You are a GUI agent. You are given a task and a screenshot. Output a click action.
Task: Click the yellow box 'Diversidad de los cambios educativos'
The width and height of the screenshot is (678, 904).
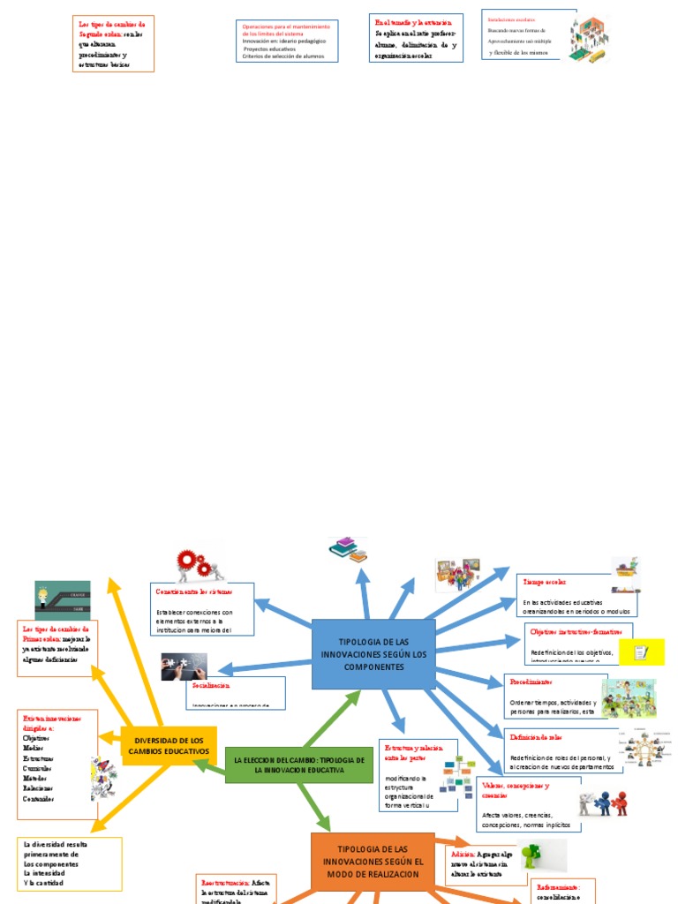point(169,745)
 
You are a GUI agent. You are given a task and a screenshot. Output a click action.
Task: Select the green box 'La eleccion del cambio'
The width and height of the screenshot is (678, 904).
point(299,765)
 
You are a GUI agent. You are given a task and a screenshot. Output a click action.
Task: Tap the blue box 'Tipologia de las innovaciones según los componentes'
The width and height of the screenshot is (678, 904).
point(373,654)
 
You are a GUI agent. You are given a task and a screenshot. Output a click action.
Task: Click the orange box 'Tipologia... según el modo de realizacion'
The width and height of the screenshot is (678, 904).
point(373,862)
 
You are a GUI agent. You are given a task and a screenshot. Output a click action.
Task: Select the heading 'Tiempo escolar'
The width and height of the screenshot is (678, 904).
point(545,583)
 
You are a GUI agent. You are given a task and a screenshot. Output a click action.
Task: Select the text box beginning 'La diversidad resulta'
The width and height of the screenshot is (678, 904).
point(70,863)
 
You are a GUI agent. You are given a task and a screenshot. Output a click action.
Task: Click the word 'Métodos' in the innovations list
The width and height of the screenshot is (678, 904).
point(34,777)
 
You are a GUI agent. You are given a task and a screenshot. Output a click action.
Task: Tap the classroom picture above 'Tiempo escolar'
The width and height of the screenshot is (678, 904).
point(457,575)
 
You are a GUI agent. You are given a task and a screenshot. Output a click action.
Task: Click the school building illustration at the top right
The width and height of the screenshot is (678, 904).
point(589,38)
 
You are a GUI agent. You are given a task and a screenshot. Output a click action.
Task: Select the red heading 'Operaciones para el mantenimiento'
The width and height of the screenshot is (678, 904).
point(285,30)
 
